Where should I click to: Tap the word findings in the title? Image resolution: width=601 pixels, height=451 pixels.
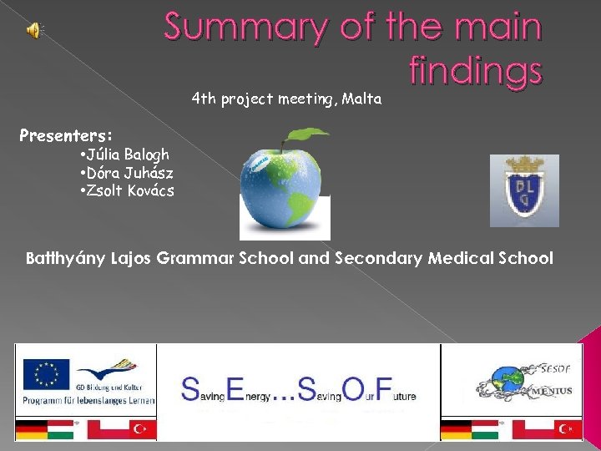coord(476,70)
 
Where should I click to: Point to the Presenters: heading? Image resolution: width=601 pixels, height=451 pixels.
coord(66,135)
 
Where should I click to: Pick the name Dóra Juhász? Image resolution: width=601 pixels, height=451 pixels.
coord(127,173)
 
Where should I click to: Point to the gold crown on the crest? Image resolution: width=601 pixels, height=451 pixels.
coord(523,165)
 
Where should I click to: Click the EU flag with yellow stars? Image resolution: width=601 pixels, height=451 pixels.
coord(46,373)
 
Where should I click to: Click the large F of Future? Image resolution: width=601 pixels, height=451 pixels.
coord(383,389)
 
